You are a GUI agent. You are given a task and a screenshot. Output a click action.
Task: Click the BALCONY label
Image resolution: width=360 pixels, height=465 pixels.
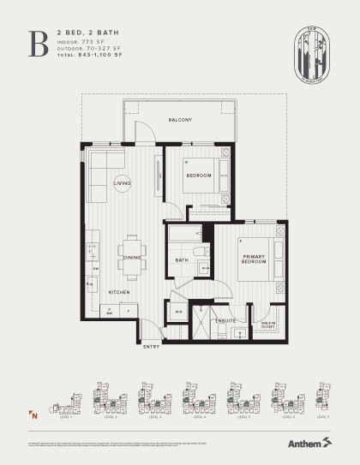coord(180,120)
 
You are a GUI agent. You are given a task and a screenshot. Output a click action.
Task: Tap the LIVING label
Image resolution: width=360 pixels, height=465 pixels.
coord(123,182)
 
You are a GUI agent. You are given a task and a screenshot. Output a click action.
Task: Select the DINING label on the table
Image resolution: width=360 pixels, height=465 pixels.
coord(132,257)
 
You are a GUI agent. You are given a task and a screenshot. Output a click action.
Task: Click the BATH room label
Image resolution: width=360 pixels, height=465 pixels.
coord(182,260)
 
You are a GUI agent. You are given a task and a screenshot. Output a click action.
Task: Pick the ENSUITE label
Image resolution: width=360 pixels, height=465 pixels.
coord(225,320)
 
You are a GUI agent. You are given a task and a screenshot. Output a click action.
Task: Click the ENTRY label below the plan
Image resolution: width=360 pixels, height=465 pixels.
coord(151,346)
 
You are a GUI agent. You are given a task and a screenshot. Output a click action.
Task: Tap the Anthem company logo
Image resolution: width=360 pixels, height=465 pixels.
coord(305,443)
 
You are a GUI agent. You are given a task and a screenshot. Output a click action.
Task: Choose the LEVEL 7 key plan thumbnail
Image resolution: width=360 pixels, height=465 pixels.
coord(321,396)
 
